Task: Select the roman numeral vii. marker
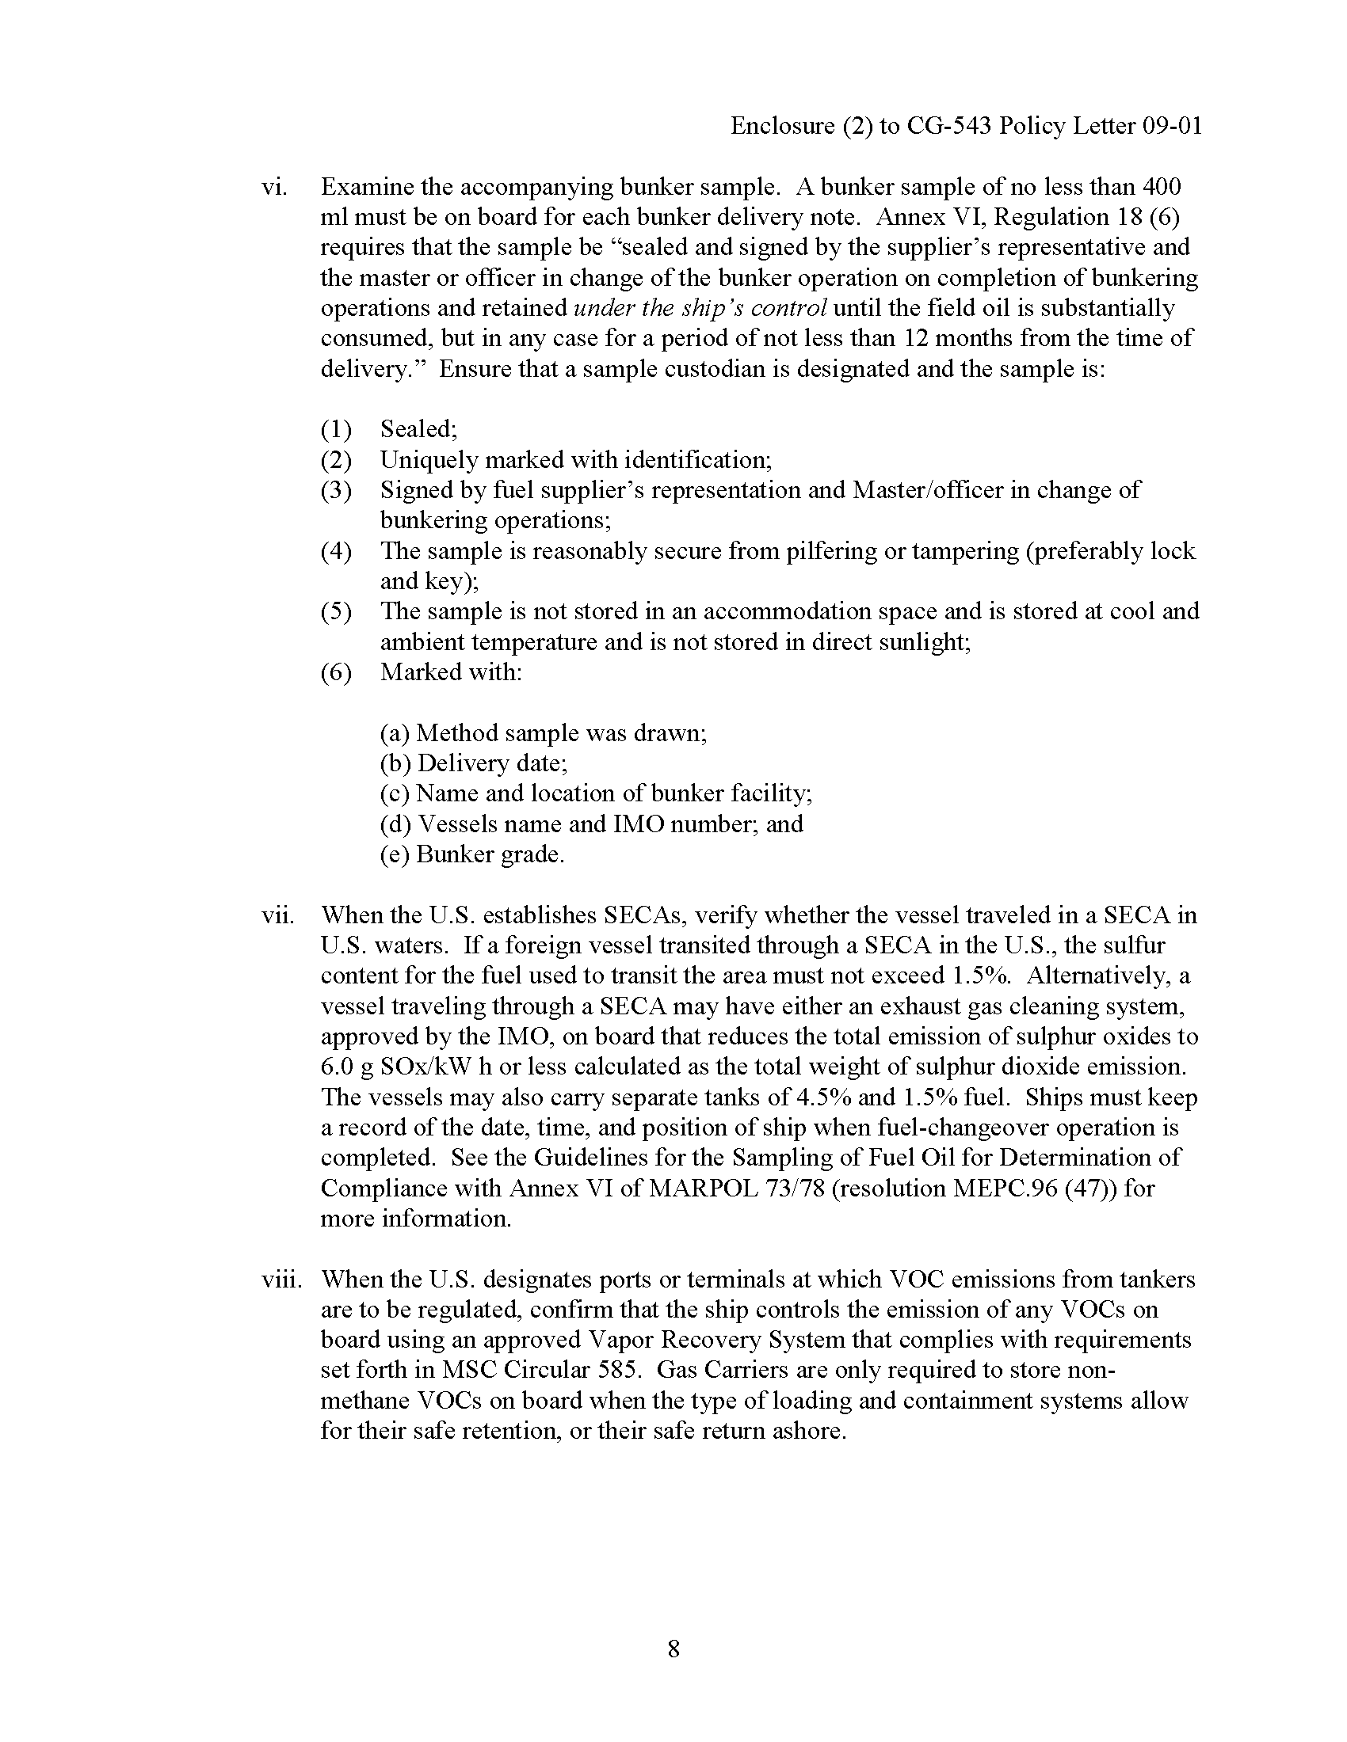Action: coord(277,915)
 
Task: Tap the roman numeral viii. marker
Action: coord(281,1280)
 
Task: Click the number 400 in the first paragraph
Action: coord(1162,187)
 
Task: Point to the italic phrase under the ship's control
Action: coord(700,308)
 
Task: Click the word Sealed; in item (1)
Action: coord(418,429)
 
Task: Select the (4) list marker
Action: coord(336,551)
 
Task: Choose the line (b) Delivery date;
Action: coord(473,763)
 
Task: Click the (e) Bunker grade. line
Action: coord(471,854)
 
